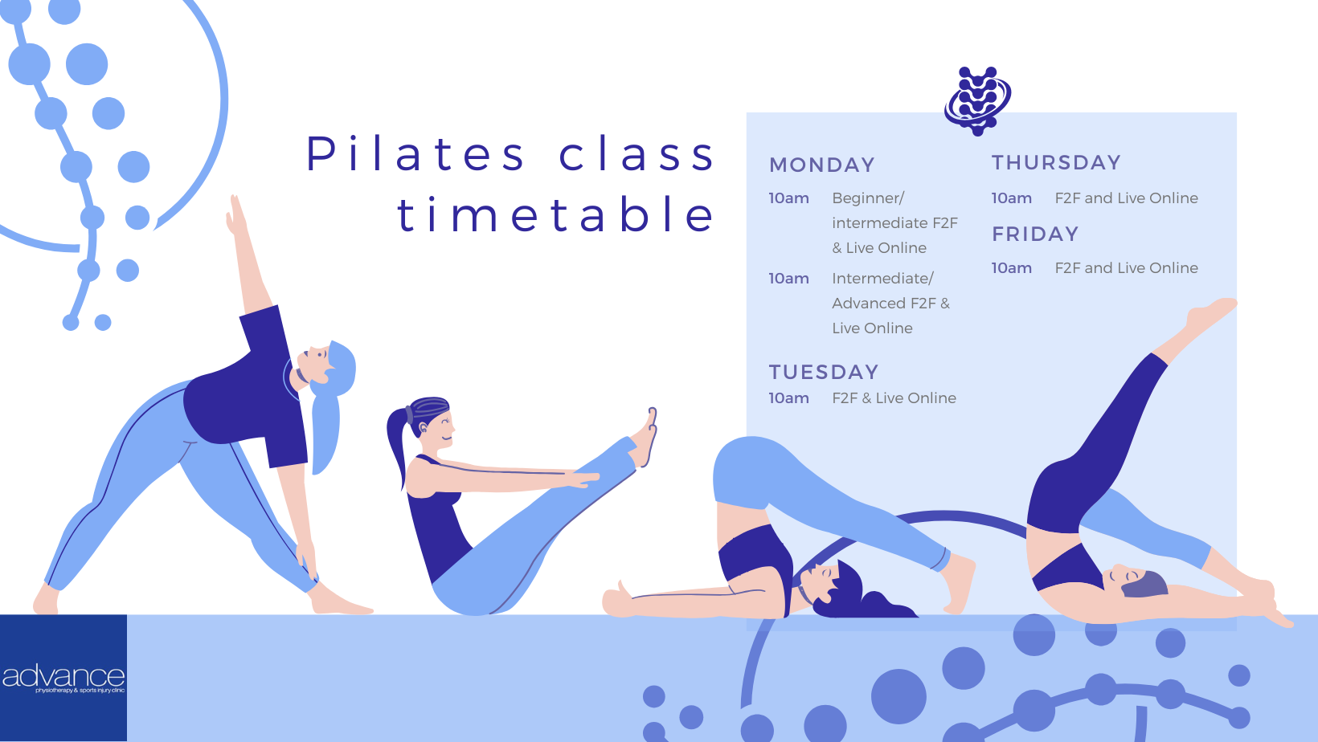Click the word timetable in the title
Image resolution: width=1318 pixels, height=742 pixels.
(555, 214)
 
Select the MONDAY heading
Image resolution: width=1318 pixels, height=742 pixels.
(822, 165)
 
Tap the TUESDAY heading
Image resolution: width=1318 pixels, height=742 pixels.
(824, 372)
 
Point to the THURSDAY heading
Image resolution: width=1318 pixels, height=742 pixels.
(1056, 162)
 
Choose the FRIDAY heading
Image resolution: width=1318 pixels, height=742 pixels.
(1035, 234)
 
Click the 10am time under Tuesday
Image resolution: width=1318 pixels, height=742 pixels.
(788, 398)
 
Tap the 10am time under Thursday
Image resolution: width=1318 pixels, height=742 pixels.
(1012, 198)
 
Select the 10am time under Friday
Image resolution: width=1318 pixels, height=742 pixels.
(1012, 268)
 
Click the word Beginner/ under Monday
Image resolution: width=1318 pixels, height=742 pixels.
(868, 198)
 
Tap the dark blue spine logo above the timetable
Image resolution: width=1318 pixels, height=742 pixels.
(978, 100)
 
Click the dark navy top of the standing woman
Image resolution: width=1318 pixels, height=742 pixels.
(248, 388)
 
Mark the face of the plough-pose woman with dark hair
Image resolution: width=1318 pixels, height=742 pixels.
(821, 579)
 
